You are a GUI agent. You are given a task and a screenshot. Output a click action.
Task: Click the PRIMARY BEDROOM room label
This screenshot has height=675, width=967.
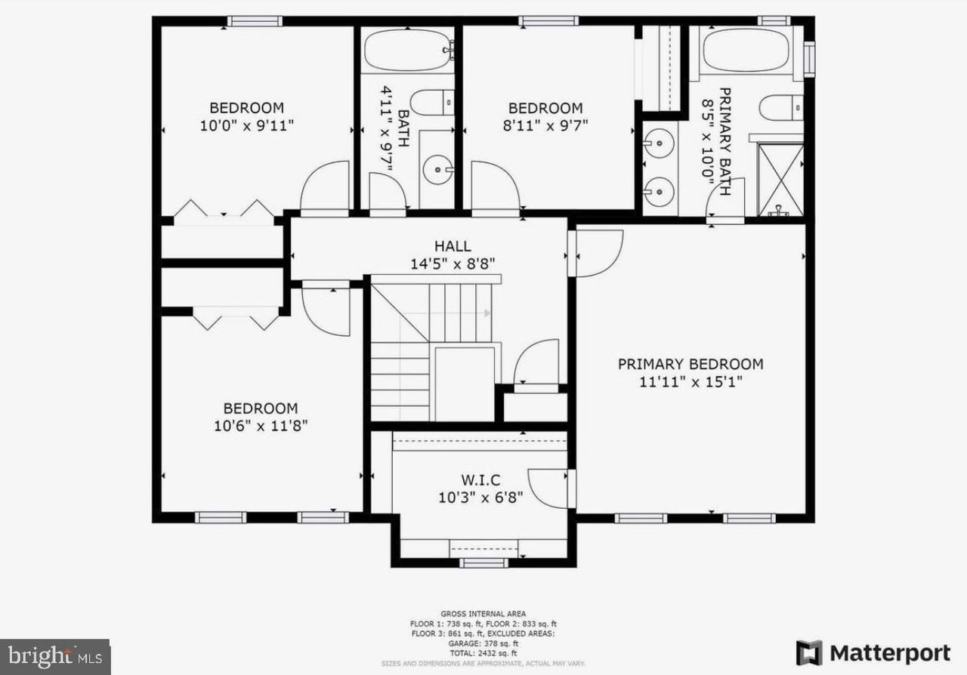pyautogui.click(x=690, y=364)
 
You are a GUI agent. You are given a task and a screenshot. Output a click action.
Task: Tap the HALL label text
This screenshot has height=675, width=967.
pyautogui.click(x=453, y=246)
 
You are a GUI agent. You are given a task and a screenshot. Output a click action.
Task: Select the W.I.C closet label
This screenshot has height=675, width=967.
pyautogui.click(x=480, y=480)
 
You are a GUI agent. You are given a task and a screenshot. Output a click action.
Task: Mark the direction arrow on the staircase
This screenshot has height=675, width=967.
pyautogui.click(x=483, y=313)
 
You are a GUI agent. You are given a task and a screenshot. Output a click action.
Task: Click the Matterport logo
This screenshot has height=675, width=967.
pyautogui.click(x=873, y=652)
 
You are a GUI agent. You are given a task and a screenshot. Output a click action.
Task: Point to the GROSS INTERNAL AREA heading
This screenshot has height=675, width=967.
pyautogui.click(x=483, y=614)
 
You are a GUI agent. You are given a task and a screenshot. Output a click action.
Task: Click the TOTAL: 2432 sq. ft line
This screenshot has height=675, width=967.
pyautogui.click(x=483, y=652)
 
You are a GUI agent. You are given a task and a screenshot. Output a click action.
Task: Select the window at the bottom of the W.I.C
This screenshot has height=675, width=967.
pyautogui.click(x=483, y=562)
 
